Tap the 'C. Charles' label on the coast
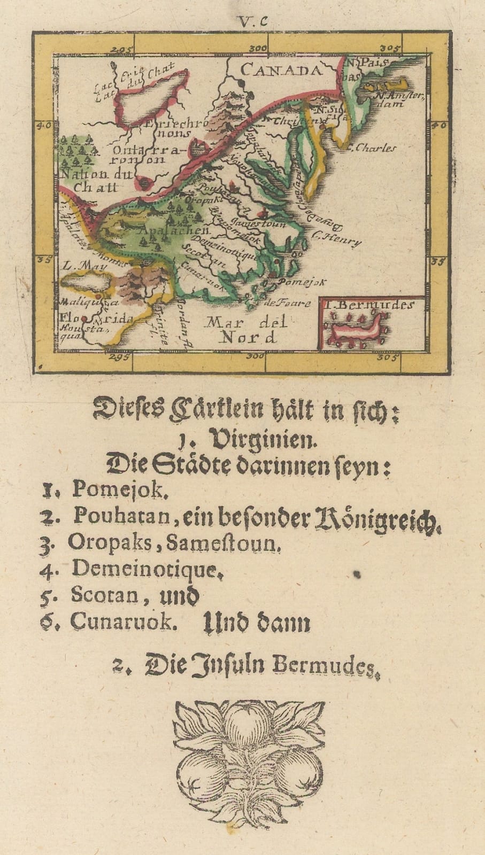click(372, 148)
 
